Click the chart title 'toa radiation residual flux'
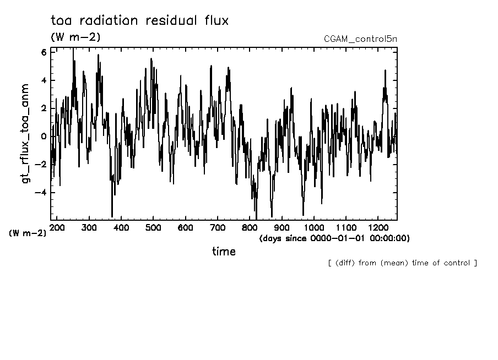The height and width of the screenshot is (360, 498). [x=139, y=21]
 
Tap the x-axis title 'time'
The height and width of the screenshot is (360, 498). [x=224, y=252]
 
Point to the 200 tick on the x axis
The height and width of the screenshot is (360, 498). [x=57, y=227]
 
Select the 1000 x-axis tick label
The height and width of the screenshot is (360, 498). [x=314, y=227]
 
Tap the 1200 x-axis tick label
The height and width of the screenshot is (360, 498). [x=378, y=227]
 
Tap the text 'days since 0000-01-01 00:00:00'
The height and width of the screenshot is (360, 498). [x=334, y=238]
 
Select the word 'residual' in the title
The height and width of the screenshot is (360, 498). [x=171, y=21]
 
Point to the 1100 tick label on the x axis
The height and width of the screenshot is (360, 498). [x=346, y=227]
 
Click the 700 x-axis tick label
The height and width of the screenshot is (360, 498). [x=218, y=227]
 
